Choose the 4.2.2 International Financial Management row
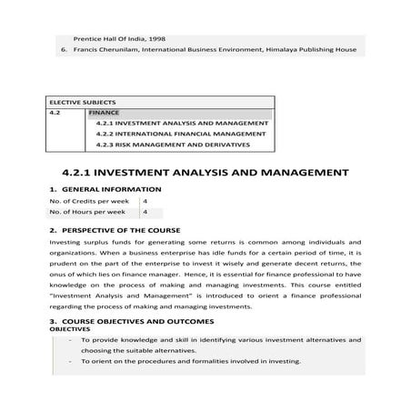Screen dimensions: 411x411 [181, 134]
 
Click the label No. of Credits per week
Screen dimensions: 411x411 [86, 200]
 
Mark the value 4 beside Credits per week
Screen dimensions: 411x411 [145, 200]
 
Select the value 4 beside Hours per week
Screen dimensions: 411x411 [145, 212]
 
